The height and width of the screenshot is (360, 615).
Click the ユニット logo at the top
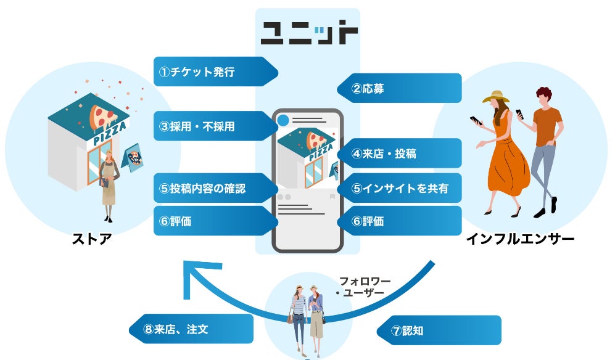pos(307,33)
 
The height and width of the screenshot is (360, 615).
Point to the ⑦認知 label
pos(439,330)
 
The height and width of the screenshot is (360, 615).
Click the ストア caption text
pos(93,238)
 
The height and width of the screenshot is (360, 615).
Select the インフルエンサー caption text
pos(520,238)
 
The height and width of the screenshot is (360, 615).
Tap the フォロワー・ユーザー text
pos(364,287)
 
